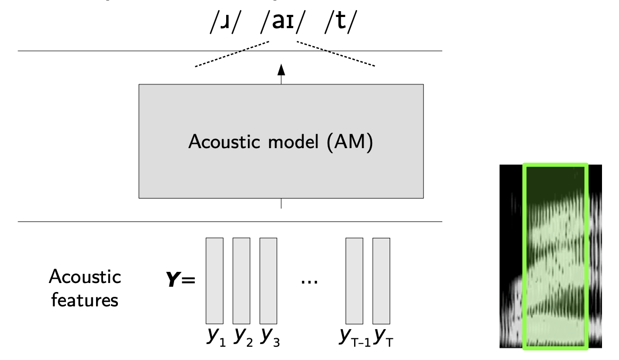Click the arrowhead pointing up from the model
281,69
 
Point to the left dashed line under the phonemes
234,55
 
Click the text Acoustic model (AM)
281,143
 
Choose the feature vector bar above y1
214,280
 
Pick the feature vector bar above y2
241,280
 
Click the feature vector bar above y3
268,280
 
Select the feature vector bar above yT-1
354,280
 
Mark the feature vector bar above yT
381,280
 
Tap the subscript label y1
217,338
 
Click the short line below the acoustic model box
281,204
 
